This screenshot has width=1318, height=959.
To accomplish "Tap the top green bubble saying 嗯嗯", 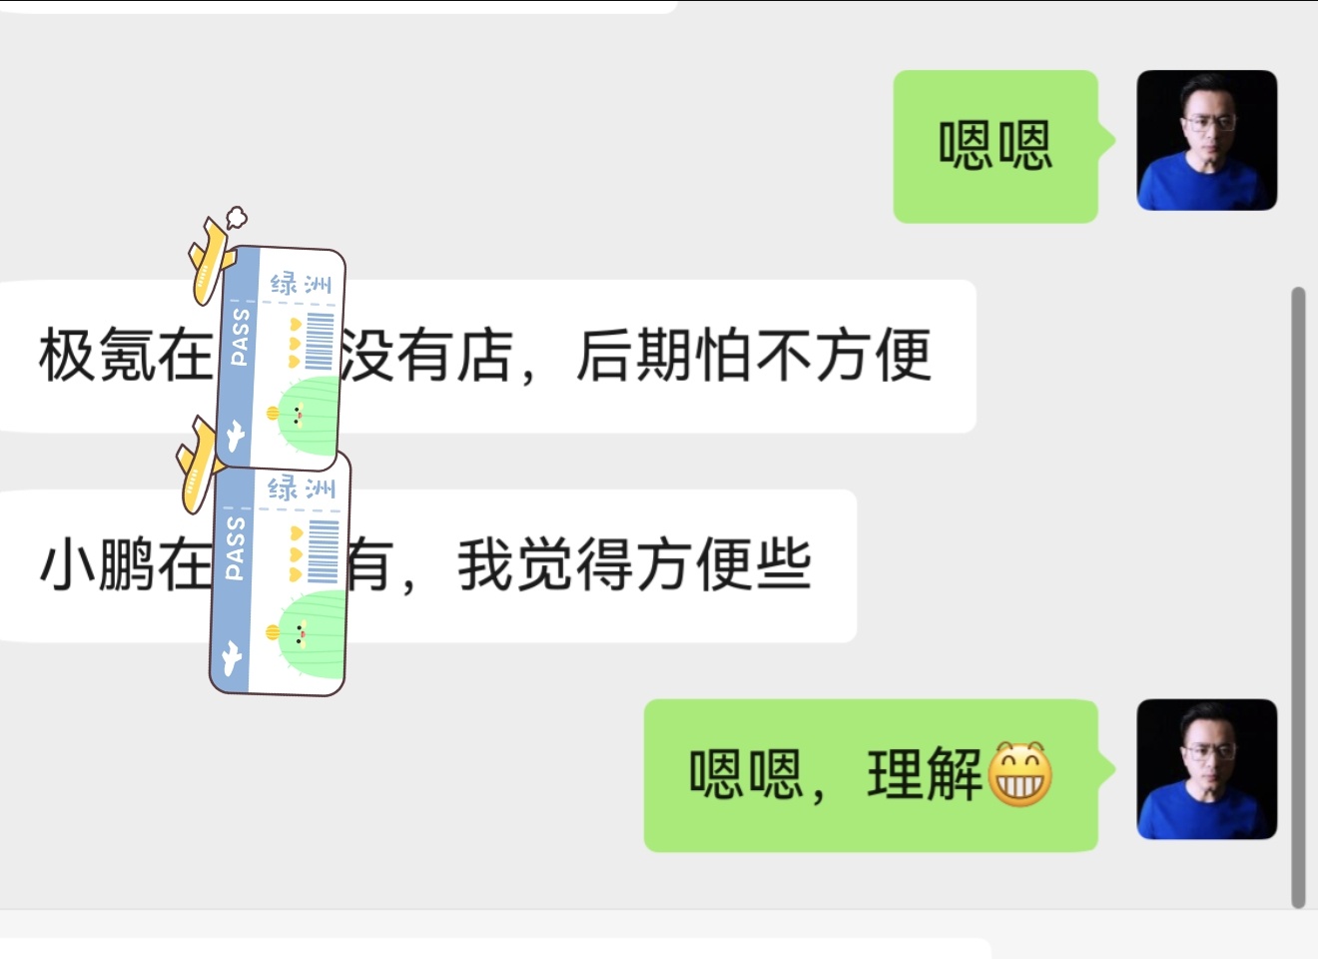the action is pos(995,146).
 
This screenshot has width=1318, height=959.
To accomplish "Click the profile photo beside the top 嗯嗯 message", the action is pos(1206,140).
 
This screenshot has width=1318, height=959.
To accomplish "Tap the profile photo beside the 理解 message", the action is pos(1206,769).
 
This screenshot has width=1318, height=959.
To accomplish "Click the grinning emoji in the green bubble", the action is pos(1019,774).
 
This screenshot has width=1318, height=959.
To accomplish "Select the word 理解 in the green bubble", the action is pos(925,774).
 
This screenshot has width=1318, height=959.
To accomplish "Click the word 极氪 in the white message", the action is pos(96,356).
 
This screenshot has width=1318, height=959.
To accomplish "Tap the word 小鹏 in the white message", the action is pos(96,565).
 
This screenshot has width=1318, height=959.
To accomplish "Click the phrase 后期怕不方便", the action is pos(754,356).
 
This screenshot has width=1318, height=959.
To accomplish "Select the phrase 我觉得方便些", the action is pos(634,565).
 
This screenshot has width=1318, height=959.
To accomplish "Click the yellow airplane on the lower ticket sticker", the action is pos(199,466).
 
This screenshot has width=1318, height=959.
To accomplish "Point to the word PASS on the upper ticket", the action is pos(240,337).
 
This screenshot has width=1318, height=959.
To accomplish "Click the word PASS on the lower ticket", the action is pos(235,548).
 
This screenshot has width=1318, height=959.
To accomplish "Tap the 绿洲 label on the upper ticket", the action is pos(300,284).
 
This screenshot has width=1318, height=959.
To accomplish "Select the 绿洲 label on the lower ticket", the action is pos(301,488).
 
